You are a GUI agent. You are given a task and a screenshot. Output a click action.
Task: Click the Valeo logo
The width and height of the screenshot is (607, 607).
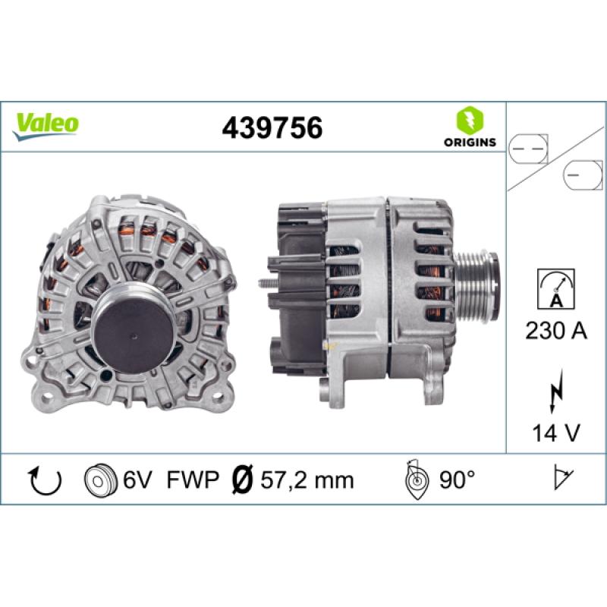pos(46,127)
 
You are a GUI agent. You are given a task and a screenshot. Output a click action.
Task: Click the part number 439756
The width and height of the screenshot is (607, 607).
pos(272,127)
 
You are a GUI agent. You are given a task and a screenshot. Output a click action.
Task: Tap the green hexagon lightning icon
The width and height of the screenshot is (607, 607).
pos(470,121)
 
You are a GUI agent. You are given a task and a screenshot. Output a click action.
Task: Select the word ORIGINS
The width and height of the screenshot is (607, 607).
pos(470,142)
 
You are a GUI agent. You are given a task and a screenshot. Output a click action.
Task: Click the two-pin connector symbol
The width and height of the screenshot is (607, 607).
pos(528,149)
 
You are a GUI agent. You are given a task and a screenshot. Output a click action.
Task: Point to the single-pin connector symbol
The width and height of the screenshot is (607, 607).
pos(583,175)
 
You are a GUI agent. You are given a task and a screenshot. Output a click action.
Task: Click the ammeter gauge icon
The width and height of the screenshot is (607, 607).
pos(556,289)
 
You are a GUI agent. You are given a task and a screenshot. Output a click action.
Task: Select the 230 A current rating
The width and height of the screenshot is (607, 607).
pos(556,332)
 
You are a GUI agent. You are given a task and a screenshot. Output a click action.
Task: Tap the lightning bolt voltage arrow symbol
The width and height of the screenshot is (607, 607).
pos(555,390)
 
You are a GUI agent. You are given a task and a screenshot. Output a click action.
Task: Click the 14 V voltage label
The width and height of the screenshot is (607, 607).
pos(556,432)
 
